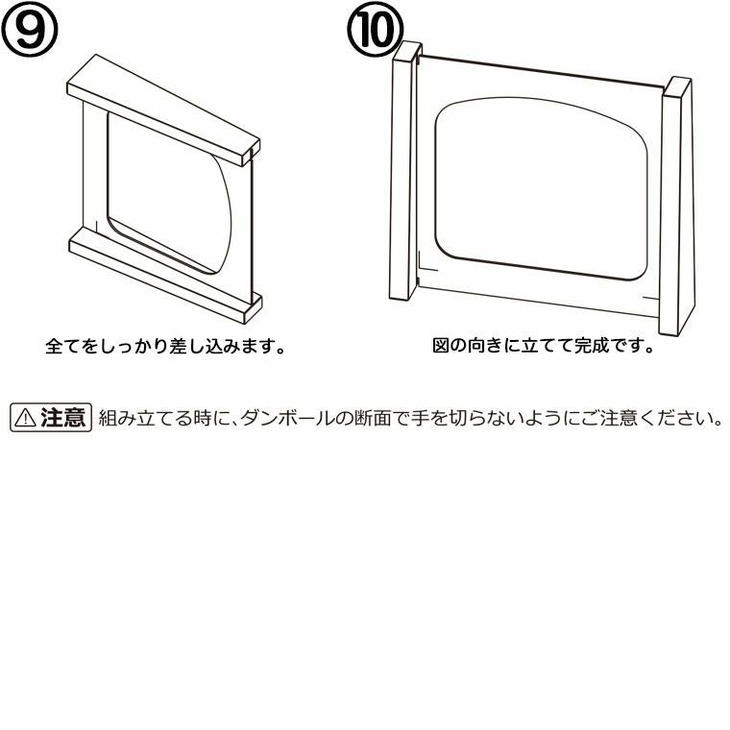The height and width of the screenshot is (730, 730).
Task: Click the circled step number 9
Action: point(30,28)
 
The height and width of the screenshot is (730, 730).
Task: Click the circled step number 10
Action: point(376,29)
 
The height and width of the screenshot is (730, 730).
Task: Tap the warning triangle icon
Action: point(25,418)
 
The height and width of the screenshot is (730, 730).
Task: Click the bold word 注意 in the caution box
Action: point(62,418)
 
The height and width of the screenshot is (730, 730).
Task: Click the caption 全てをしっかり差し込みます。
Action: point(165,347)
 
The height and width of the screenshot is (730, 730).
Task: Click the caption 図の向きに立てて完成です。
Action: point(544,346)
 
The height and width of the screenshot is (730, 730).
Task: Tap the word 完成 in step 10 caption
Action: point(592,346)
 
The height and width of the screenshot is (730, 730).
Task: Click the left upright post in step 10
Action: point(403,170)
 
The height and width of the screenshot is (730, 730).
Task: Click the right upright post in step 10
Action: point(676,206)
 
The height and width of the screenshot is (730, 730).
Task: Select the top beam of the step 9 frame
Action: point(163,110)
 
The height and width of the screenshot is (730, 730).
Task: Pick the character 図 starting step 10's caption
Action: point(441,346)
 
